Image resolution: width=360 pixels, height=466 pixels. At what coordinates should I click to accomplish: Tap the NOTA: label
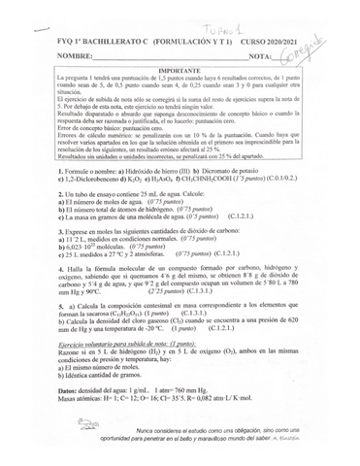coord(258,57)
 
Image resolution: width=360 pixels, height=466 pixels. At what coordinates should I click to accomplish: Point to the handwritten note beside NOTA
coord(309,50)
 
